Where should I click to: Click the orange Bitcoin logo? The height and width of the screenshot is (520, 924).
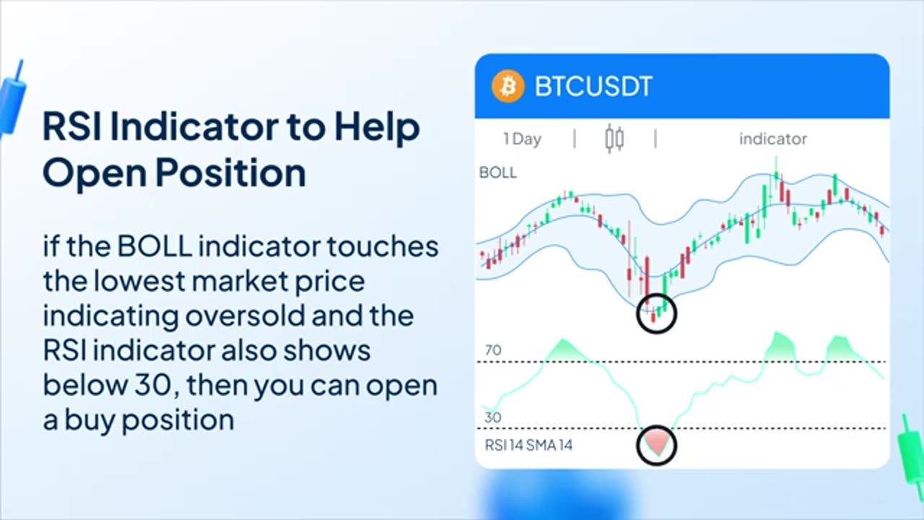[x=507, y=87]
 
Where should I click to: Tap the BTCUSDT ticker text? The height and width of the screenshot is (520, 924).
[x=593, y=87]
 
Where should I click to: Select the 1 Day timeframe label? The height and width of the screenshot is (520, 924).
[x=522, y=139]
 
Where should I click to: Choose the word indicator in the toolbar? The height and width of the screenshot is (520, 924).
[x=772, y=139]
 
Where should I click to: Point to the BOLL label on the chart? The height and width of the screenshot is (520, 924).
[x=497, y=173]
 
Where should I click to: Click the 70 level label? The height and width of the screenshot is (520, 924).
[x=493, y=350]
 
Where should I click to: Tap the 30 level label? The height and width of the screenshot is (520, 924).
[x=493, y=417]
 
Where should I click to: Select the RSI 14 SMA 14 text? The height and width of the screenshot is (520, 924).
[x=528, y=446]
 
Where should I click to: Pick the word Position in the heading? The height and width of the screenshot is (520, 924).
[x=230, y=173]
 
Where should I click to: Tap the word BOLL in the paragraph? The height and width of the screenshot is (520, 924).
[x=154, y=247]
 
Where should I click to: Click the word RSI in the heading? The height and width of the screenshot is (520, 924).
[x=71, y=127]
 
